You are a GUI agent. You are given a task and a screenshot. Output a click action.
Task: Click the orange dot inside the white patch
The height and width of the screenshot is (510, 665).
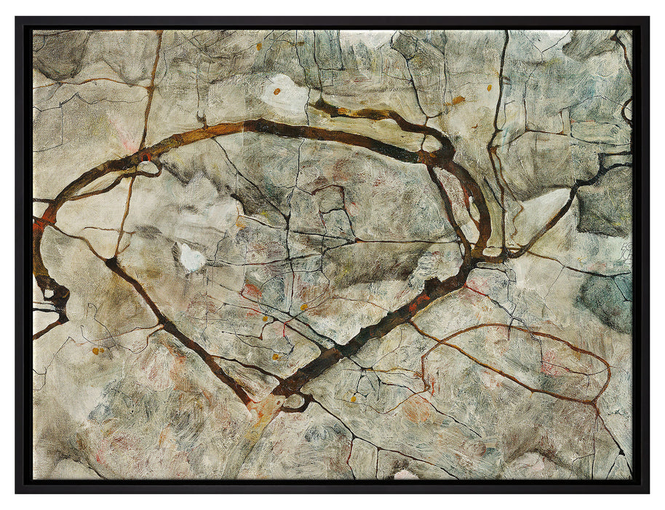[276, 92]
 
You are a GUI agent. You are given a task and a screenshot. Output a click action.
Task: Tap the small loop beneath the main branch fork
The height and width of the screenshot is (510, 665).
[297, 401]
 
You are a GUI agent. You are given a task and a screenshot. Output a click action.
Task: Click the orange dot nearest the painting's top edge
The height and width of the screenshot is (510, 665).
[258, 46]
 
